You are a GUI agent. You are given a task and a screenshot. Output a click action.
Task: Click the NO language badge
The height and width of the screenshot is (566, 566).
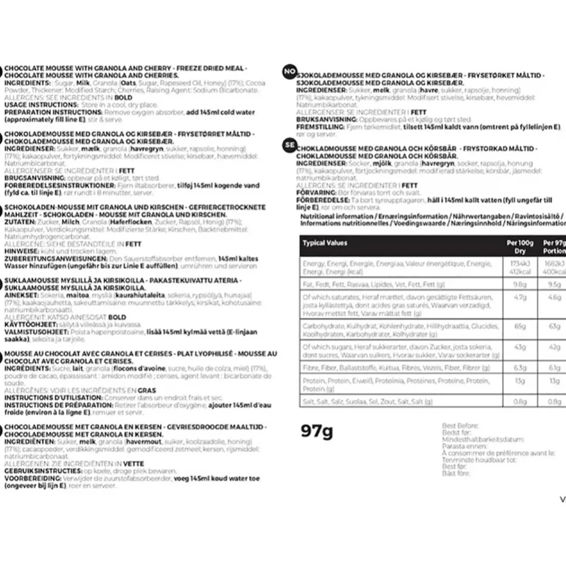(x=290, y=72)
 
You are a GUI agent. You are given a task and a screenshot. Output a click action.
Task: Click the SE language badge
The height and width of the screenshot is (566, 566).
(x=290, y=145)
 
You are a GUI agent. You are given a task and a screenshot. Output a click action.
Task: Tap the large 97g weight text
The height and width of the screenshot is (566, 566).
(x=317, y=430)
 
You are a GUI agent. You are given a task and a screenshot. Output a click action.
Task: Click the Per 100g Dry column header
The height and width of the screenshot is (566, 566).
(x=520, y=247)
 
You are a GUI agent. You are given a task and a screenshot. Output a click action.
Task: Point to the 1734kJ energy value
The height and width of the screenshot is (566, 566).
(x=520, y=264)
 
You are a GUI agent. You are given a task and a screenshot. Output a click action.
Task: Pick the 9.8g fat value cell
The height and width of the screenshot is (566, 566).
(x=520, y=284)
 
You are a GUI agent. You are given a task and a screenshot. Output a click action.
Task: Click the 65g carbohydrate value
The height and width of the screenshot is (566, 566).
(x=520, y=326)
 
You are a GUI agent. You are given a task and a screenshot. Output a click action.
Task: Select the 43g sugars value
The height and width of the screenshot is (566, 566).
(x=520, y=347)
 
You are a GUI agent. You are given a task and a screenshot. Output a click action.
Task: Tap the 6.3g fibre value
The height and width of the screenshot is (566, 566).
(x=520, y=368)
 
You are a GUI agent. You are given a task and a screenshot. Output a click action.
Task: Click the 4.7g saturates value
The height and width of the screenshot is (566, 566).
(x=520, y=297)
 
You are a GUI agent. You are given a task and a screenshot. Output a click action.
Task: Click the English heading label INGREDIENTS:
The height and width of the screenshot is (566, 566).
(x=26, y=83)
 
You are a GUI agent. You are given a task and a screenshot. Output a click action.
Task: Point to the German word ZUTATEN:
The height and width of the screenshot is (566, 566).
(x=19, y=222)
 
